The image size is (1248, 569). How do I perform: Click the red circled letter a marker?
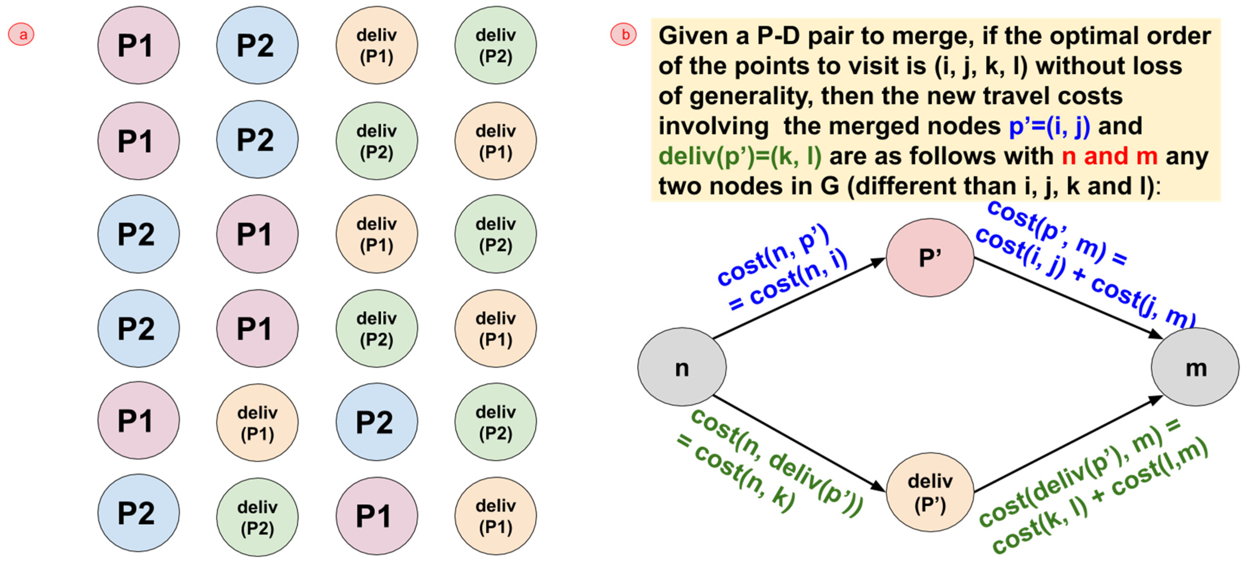(21, 34)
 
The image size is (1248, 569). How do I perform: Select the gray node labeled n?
(682, 367)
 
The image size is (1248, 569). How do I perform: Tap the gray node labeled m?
(1195, 367)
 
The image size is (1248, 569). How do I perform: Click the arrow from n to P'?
(799, 298)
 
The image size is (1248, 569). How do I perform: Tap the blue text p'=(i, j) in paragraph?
(1049, 126)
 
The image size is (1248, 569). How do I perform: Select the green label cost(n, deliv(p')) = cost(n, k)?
(770, 462)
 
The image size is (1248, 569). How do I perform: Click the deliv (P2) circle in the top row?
(495, 45)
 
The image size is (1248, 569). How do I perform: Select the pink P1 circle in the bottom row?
(376, 516)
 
